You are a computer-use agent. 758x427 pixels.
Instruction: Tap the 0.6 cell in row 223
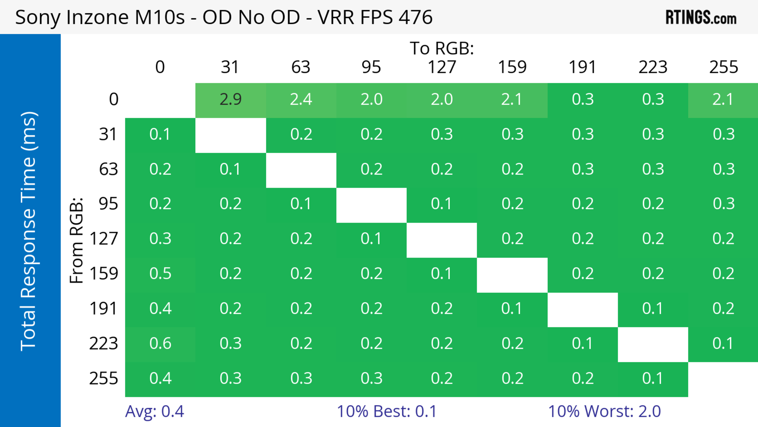click(x=160, y=343)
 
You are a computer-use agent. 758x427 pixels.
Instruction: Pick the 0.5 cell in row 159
click(x=160, y=274)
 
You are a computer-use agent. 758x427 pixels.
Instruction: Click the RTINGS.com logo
click(x=701, y=17)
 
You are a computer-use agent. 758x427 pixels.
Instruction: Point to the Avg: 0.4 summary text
click(x=155, y=411)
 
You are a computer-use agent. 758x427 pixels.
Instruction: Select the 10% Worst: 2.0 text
click(x=604, y=411)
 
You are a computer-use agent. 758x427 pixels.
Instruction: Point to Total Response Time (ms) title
click(x=29, y=231)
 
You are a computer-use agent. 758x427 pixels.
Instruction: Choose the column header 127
click(x=442, y=67)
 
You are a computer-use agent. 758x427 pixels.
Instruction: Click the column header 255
click(x=723, y=67)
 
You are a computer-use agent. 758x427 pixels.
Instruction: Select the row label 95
click(x=108, y=204)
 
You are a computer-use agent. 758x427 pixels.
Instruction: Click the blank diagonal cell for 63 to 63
click(x=301, y=170)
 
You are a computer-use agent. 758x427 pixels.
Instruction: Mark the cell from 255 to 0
click(x=160, y=378)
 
